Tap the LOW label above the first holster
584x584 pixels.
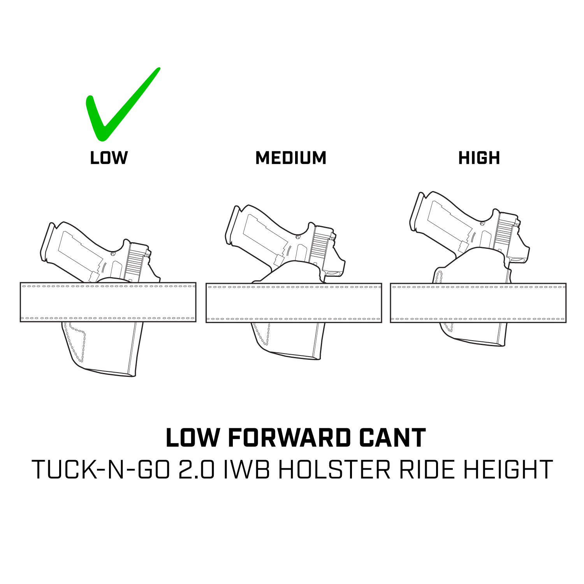pos(109,158)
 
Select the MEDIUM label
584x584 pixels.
pos(291,158)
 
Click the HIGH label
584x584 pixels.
pos(479,158)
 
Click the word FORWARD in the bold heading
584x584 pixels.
pos(290,438)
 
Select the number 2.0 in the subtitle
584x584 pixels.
pos(197,470)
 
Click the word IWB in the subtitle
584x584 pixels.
pos(246,470)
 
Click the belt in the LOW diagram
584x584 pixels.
pos(108,302)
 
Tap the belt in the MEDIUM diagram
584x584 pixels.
pos(294,303)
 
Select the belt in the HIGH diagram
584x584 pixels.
pos(478,303)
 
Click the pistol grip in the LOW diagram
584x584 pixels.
pos(74,249)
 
